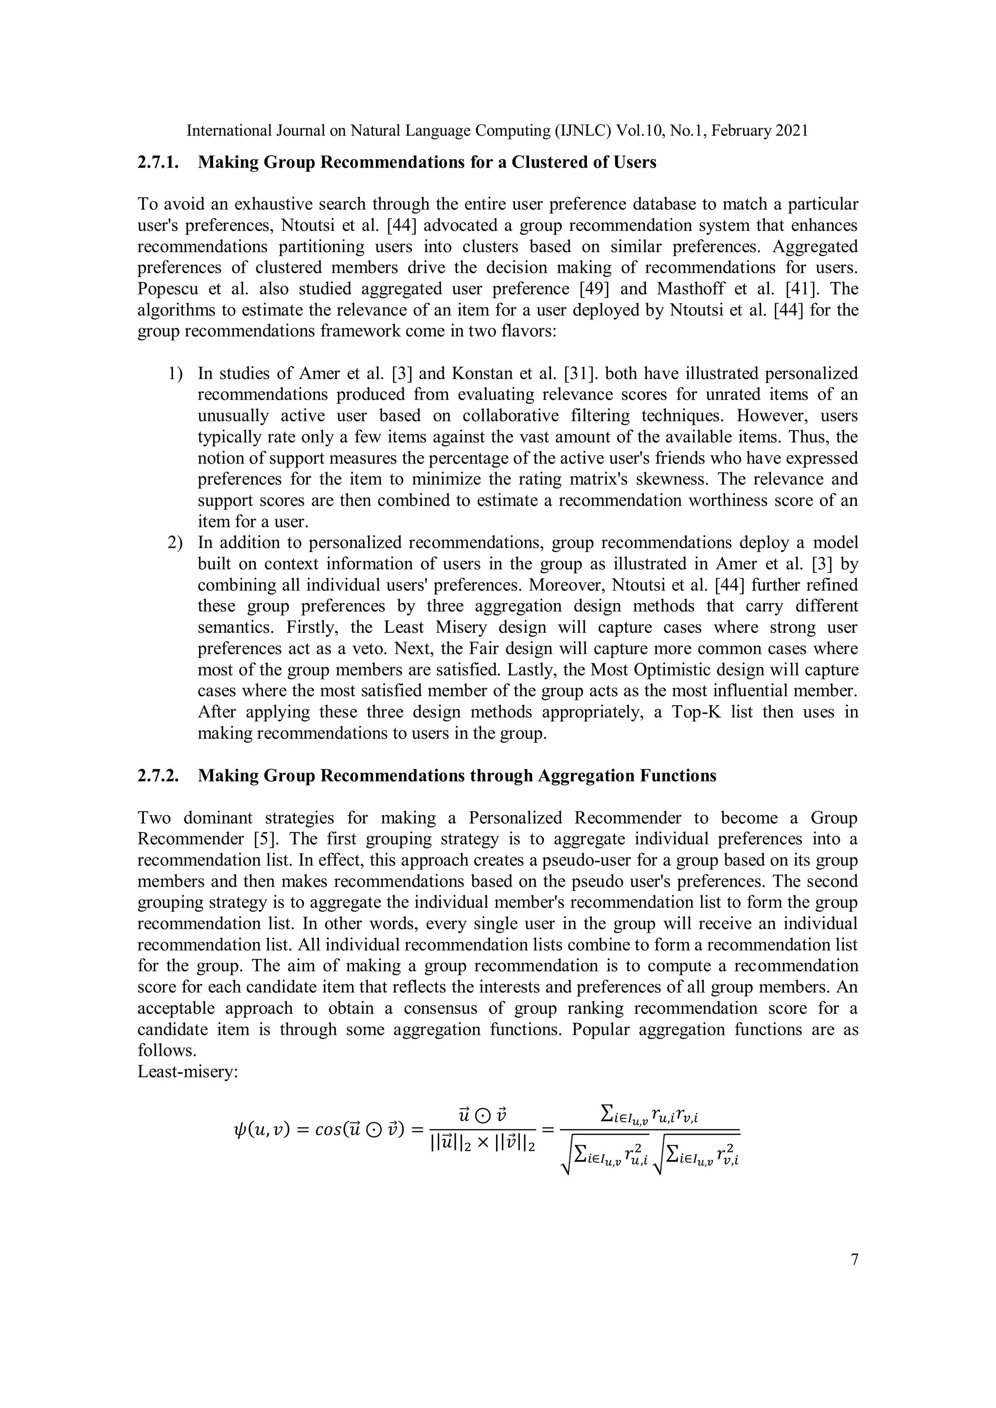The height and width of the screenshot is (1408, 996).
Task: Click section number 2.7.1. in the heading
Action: [158, 162]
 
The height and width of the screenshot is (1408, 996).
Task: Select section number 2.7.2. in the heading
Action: [158, 776]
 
